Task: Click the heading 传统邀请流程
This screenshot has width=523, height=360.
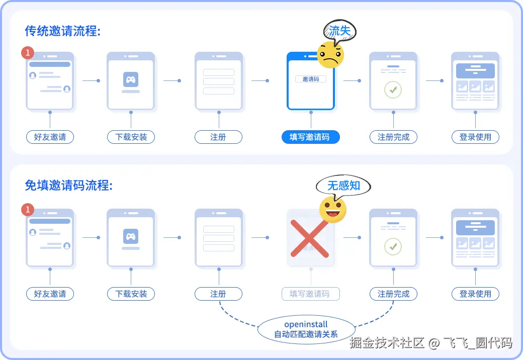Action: click(63, 31)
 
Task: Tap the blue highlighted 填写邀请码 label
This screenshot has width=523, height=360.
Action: click(310, 137)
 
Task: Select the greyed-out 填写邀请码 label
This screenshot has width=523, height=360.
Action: click(310, 294)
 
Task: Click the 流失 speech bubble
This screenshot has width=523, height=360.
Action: click(339, 31)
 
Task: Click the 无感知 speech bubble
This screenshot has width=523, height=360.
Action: click(343, 186)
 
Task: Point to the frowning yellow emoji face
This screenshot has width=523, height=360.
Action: click(330, 55)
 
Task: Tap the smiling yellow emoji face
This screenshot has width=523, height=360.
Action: click(333, 210)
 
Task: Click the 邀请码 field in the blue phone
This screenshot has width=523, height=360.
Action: click(310, 79)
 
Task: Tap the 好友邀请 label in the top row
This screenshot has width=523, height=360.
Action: click(50, 137)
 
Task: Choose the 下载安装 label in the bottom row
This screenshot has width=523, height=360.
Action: click(131, 294)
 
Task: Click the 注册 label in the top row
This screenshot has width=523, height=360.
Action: click(218, 137)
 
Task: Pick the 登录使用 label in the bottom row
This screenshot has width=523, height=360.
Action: click(475, 294)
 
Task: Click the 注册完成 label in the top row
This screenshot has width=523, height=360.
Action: click(393, 137)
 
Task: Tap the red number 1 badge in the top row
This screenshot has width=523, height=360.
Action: click(28, 52)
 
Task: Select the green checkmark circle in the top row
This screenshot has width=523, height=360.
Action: click(393, 89)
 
